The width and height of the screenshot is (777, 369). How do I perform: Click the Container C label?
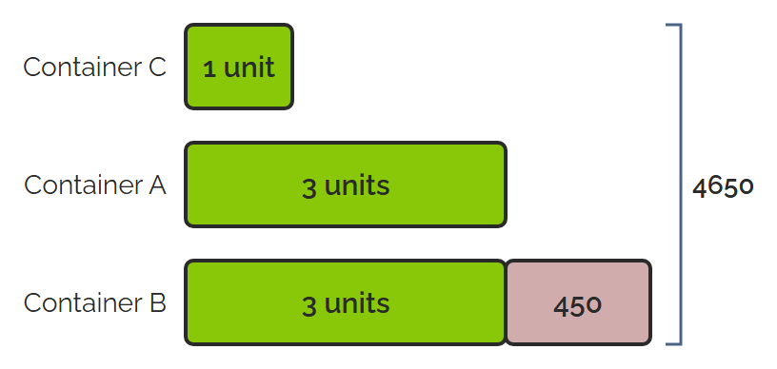tap(94, 67)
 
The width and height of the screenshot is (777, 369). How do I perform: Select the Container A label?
tap(95, 185)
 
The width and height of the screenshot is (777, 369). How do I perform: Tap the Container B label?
tap(94, 302)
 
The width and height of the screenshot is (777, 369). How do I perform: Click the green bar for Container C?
tap(239, 67)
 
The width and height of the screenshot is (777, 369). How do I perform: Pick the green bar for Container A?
tap(346, 184)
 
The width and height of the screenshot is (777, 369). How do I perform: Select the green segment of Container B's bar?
tap(346, 302)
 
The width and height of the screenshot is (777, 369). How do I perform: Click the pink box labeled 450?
tap(578, 302)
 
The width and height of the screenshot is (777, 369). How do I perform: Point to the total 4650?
tap(723, 187)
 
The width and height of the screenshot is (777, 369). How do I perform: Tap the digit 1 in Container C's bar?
tap(210, 69)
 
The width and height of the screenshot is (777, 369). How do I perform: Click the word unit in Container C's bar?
tap(249, 68)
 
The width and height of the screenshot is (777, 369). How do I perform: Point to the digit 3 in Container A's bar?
tap(309, 188)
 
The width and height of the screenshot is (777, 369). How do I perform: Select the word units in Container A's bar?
tap(357, 185)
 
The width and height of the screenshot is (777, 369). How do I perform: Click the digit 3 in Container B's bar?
tap(309, 306)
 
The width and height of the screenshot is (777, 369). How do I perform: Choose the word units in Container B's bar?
tap(357, 303)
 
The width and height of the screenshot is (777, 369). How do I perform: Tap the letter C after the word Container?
tap(156, 67)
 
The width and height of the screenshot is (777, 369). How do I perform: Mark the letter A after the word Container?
tap(156, 185)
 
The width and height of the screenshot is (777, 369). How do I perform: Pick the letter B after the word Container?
tap(157, 302)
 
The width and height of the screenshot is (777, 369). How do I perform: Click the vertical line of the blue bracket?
tap(681, 184)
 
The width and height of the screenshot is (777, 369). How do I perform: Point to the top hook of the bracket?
tap(673, 24)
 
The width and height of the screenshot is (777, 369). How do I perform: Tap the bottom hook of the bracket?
tap(673, 343)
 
